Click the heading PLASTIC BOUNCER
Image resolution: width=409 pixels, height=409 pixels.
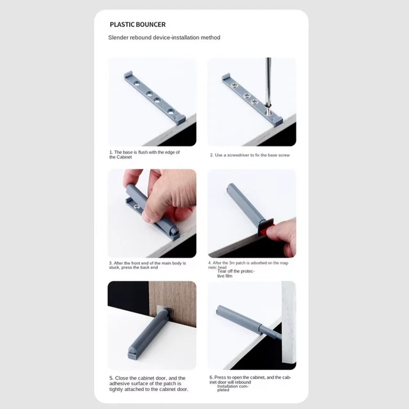pos(137,25)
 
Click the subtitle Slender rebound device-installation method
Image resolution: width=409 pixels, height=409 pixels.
pos(164,38)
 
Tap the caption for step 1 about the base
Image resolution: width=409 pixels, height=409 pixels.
pos(144,154)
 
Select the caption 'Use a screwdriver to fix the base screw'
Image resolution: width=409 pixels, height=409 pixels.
pos(251,155)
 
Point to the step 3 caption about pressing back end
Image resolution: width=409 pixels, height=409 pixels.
pos(148,265)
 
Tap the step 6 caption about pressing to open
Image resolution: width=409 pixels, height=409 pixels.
pos(250,380)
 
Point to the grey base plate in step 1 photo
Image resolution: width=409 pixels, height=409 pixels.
pos(153,96)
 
